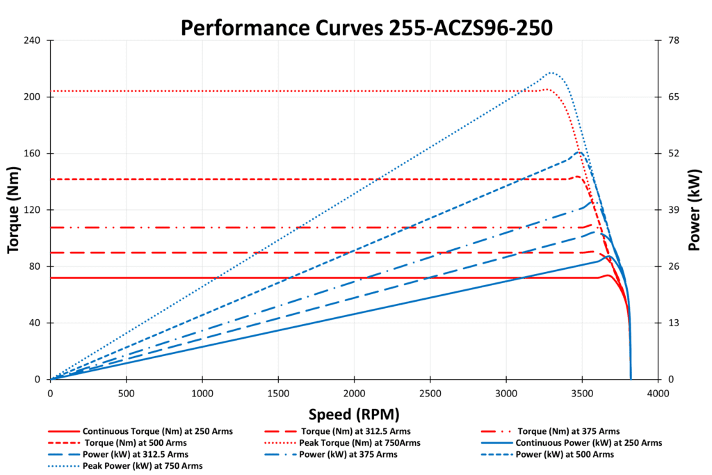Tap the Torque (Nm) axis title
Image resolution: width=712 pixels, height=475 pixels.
14,209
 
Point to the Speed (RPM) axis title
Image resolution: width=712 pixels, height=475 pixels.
354,415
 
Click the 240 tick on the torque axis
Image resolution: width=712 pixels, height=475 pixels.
34,40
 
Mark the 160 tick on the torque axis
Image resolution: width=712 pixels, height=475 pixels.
34,154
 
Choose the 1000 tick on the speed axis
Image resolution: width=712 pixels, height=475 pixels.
202,393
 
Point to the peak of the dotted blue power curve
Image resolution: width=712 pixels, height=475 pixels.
551,72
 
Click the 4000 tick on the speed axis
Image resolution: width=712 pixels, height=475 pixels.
657,393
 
